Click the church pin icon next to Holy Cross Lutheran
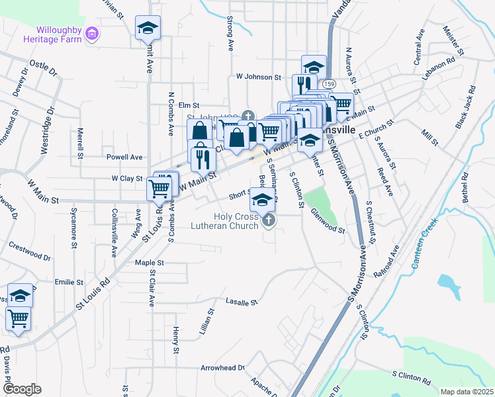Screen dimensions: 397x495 [x=268, y=220]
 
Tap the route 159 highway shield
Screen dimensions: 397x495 [x=329, y=84]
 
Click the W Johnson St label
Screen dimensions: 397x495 [x=259, y=77]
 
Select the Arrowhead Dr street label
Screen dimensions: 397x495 [x=222, y=367]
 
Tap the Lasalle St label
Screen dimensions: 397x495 [x=241, y=302]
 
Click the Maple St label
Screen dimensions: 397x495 [x=149, y=263]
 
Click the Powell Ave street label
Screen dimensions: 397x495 [x=124, y=157]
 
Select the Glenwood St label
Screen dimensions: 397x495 [x=328, y=227]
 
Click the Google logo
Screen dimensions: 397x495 [x=22, y=389]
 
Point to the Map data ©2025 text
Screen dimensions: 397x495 [x=466, y=392]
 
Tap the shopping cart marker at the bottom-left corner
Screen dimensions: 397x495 [x=18, y=320]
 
